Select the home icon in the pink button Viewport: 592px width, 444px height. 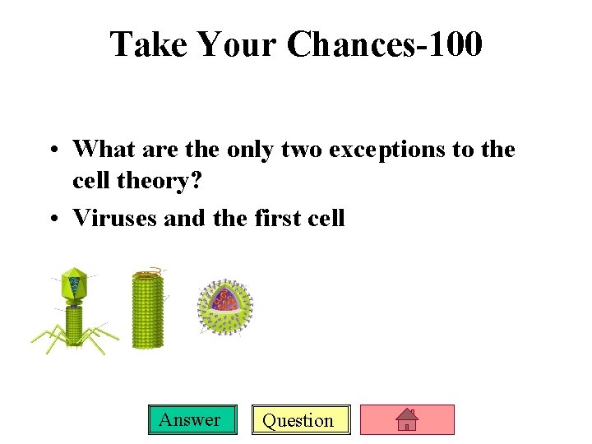[x=407, y=420]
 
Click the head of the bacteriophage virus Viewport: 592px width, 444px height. [x=74, y=284]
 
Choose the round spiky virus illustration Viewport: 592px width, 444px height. [x=224, y=307]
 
